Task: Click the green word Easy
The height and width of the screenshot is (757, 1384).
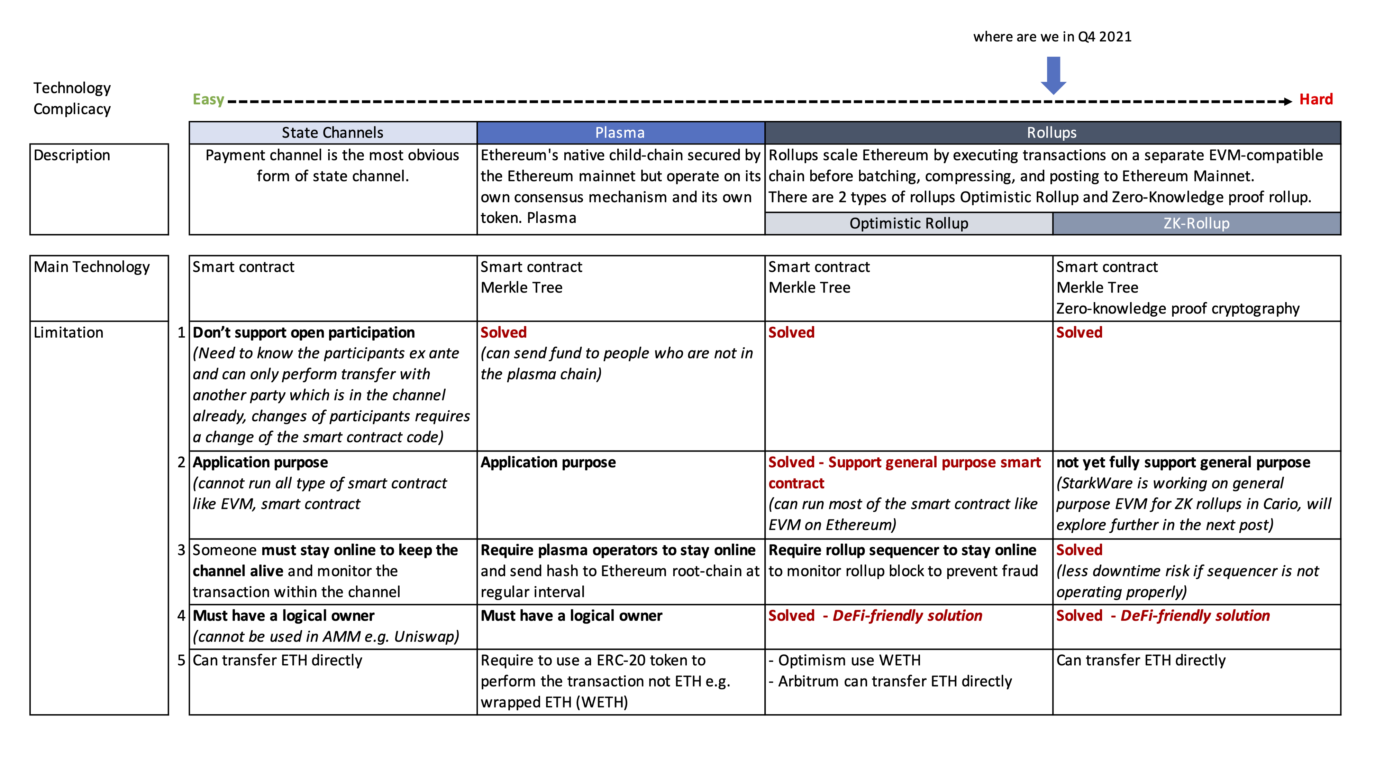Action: click(208, 99)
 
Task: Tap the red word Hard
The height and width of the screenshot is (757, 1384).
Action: click(1316, 99)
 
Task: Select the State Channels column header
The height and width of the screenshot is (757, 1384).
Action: click(333, 133)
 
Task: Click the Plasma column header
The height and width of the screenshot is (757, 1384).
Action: click(620, 133)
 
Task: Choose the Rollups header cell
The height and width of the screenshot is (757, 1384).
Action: click(1051, 133)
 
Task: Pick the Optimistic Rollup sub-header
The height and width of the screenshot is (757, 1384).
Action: click(909, 223)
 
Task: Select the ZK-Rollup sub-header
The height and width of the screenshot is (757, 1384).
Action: click(1196, 223)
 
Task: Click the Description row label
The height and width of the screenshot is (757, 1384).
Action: click(72, 155)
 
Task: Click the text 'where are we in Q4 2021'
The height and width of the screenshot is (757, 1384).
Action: click(1052, 37)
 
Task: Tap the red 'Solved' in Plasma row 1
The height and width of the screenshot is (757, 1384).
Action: click(503, 332)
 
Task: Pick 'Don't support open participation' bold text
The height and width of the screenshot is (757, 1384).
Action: click(303, 332)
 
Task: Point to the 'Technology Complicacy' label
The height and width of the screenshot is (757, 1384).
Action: click(72, 98)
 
